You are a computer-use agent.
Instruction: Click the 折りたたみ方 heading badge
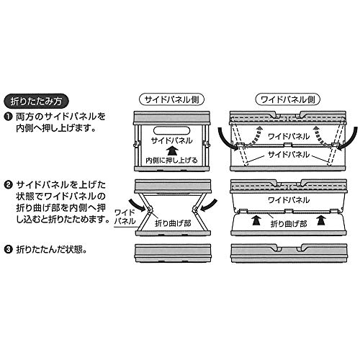click(x=36, y=102)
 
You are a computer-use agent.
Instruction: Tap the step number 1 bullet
click(x=8, y=117)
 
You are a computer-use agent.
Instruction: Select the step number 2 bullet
click(x=8, y=185)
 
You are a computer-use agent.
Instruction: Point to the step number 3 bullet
click(x=8, y=250)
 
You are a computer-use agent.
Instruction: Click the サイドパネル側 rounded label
click(x=172, y=99)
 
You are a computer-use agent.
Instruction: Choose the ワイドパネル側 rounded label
click(x=288, y=99)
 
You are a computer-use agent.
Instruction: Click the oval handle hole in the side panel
click(x=171, y=130)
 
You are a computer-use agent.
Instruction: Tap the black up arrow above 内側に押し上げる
click(x=172, y=151)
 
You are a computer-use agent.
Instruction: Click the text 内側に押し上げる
click(x=172, y=161)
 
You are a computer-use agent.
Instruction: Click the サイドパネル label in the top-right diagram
click(x=289, y=154)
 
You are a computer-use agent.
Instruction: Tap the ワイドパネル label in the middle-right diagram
click(x=289, y=200)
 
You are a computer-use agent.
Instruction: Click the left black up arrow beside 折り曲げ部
click(x=256, y=220)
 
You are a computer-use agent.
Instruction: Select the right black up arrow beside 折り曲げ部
click(x=322, y=220)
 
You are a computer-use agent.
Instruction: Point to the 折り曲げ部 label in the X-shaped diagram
click(x=173, y=223)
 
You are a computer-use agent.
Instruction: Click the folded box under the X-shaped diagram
click(x=173, y=253)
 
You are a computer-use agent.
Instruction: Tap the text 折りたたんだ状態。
click(x=51, y=250)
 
